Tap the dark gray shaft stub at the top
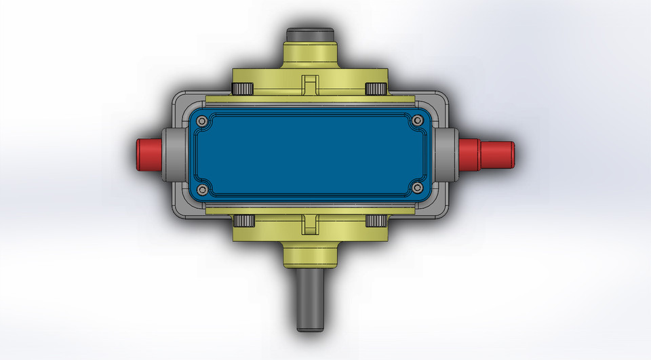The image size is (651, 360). [x=309, y=34]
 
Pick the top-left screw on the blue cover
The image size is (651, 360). [x=201, y=121]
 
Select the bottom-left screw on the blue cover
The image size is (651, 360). [x=201, y=187]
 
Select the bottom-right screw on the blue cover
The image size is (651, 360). [x=417, y=187]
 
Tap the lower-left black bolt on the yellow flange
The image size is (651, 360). [x=242, y=220]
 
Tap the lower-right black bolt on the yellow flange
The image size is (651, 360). [x=375, y=220]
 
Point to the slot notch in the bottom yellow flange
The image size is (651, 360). [x=309, y=224]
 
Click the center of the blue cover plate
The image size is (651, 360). [x=309, y=154]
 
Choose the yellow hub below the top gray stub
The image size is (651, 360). [x=309, y=54]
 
